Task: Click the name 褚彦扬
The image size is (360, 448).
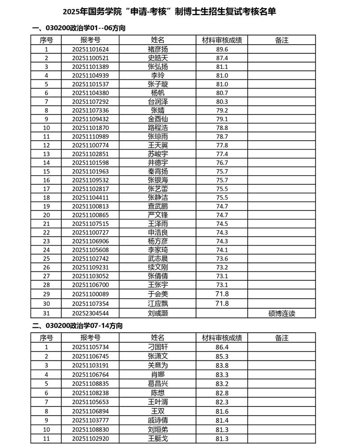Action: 158,49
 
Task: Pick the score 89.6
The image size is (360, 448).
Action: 222,49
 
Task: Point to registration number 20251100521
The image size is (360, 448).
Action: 91,58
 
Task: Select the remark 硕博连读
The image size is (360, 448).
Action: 282,313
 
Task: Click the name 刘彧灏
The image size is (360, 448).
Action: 158,313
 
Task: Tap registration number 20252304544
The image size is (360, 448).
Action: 91,313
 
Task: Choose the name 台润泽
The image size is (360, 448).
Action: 158,101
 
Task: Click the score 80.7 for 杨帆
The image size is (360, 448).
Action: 222,93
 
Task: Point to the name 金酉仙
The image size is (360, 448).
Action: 158,119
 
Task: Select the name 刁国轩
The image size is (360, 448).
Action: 158,347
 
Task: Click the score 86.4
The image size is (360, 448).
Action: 222,347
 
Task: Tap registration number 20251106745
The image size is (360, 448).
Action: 91,356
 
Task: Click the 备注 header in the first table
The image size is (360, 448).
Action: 282,40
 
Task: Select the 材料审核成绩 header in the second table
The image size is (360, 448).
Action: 222,338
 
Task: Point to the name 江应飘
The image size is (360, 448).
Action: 158,303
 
